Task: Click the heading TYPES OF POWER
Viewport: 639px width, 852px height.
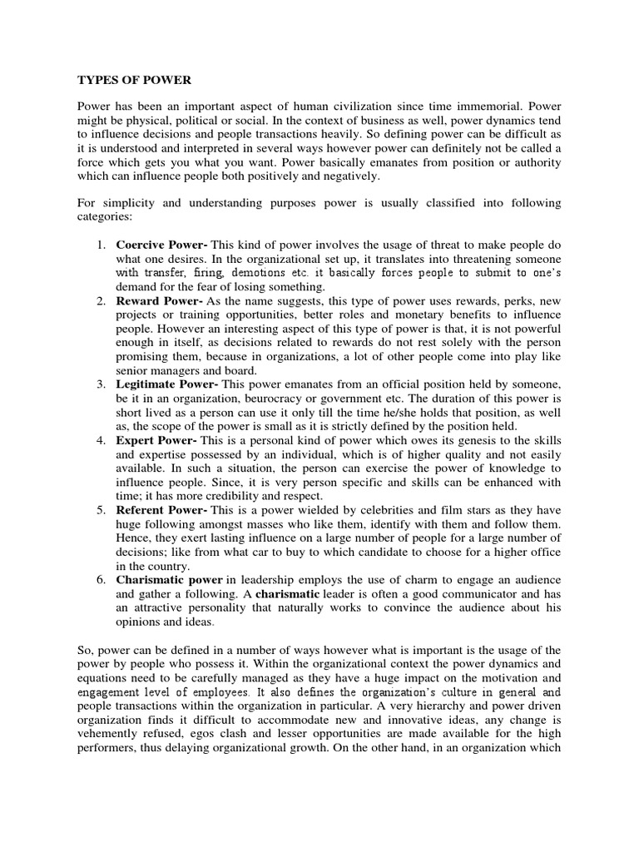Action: click(x=134, y=80)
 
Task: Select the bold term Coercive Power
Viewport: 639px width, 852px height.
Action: click(x=161, y=245)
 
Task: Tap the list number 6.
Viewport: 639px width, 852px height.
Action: click(x=100, y=579)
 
